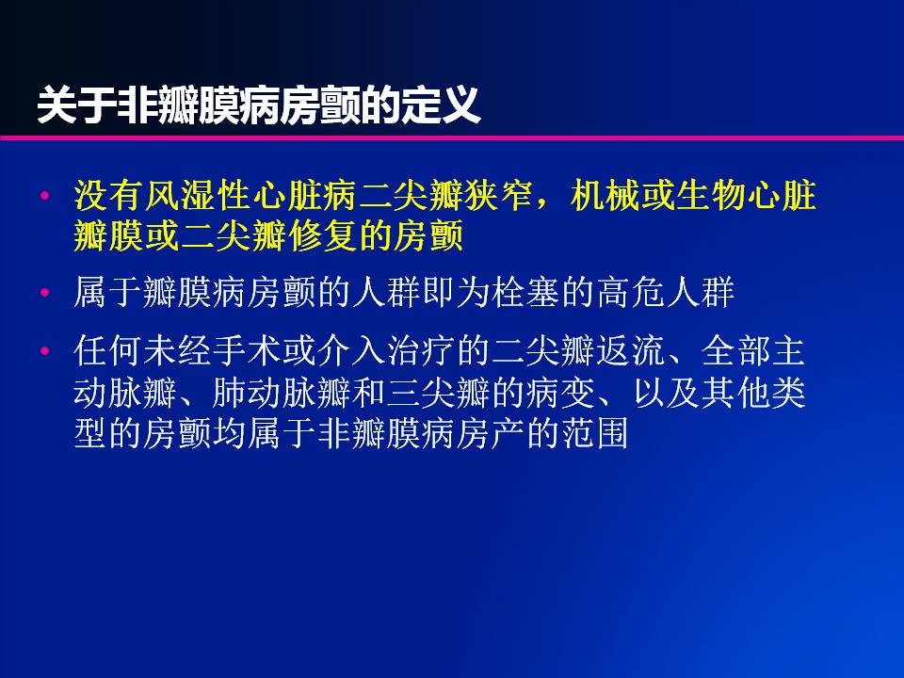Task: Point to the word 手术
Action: click(247, 350)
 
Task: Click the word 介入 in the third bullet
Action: click(351, 350)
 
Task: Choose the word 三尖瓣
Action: click(438, 393)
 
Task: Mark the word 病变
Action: click(560, 393)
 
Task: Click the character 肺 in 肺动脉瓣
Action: click(229, 393)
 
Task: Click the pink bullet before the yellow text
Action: click(44, 196)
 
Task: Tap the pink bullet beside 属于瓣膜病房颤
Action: click(44, 292)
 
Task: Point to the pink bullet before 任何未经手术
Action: click(44, 350)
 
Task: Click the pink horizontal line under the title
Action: click(452, 137)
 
